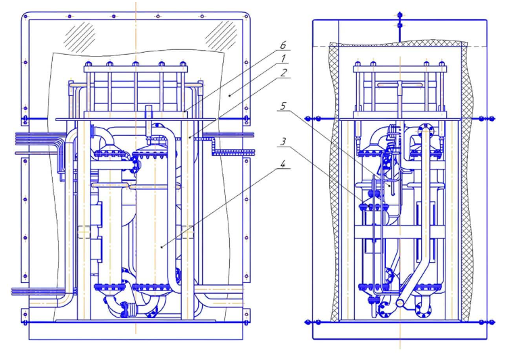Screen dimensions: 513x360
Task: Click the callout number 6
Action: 283,45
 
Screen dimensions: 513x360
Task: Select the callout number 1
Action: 283,59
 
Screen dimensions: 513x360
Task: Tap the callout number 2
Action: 283,72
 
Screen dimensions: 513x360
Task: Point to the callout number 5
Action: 283,106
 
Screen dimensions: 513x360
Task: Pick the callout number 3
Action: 283,142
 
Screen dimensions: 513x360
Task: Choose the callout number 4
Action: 283,163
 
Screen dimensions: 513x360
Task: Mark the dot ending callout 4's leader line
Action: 162,247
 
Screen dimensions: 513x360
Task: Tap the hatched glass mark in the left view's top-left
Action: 80,37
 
